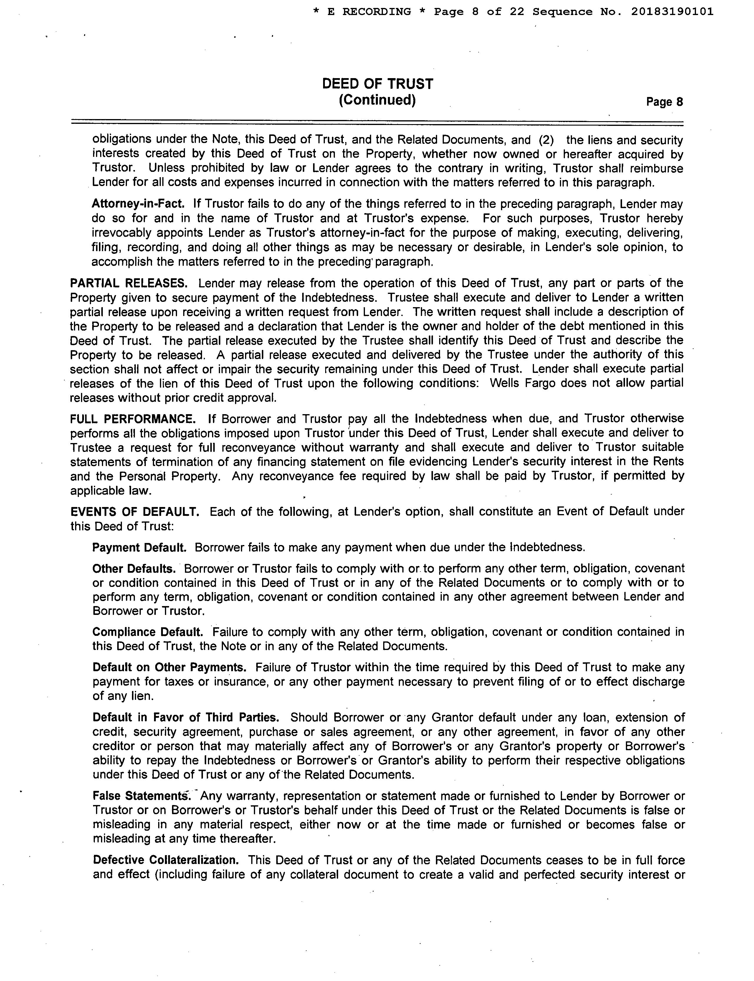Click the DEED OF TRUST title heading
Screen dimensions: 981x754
[x=378, y=84]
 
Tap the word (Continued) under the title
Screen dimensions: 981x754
[x=377, y=100]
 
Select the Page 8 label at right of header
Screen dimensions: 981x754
[x=664, y=102]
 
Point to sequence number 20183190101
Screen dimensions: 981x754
[x=672, y=12]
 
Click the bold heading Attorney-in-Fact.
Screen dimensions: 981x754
[x=138, y=204]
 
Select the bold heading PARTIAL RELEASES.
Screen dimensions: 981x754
[x=129, y=284]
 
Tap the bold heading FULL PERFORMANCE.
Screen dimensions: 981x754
[x=133, y=419]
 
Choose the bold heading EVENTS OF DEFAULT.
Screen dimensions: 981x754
[x=135, y=512]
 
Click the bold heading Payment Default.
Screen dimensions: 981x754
[x=139, y=548]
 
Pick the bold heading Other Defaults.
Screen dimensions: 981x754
[x=134, y=569]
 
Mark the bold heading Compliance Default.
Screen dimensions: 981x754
[x=148, y=632]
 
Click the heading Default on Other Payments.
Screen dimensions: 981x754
[x=169, y=667]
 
